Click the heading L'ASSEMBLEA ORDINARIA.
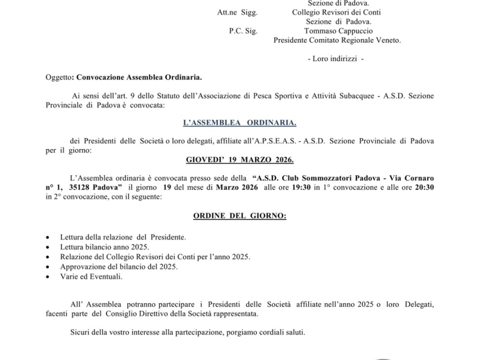pos(240,123)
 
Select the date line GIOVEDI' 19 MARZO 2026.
pos(240,159)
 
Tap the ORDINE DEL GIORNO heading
pos(240,216)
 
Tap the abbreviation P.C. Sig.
pos(244,31)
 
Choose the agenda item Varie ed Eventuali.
pos(85,276)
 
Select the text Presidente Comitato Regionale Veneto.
pos(337,40)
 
